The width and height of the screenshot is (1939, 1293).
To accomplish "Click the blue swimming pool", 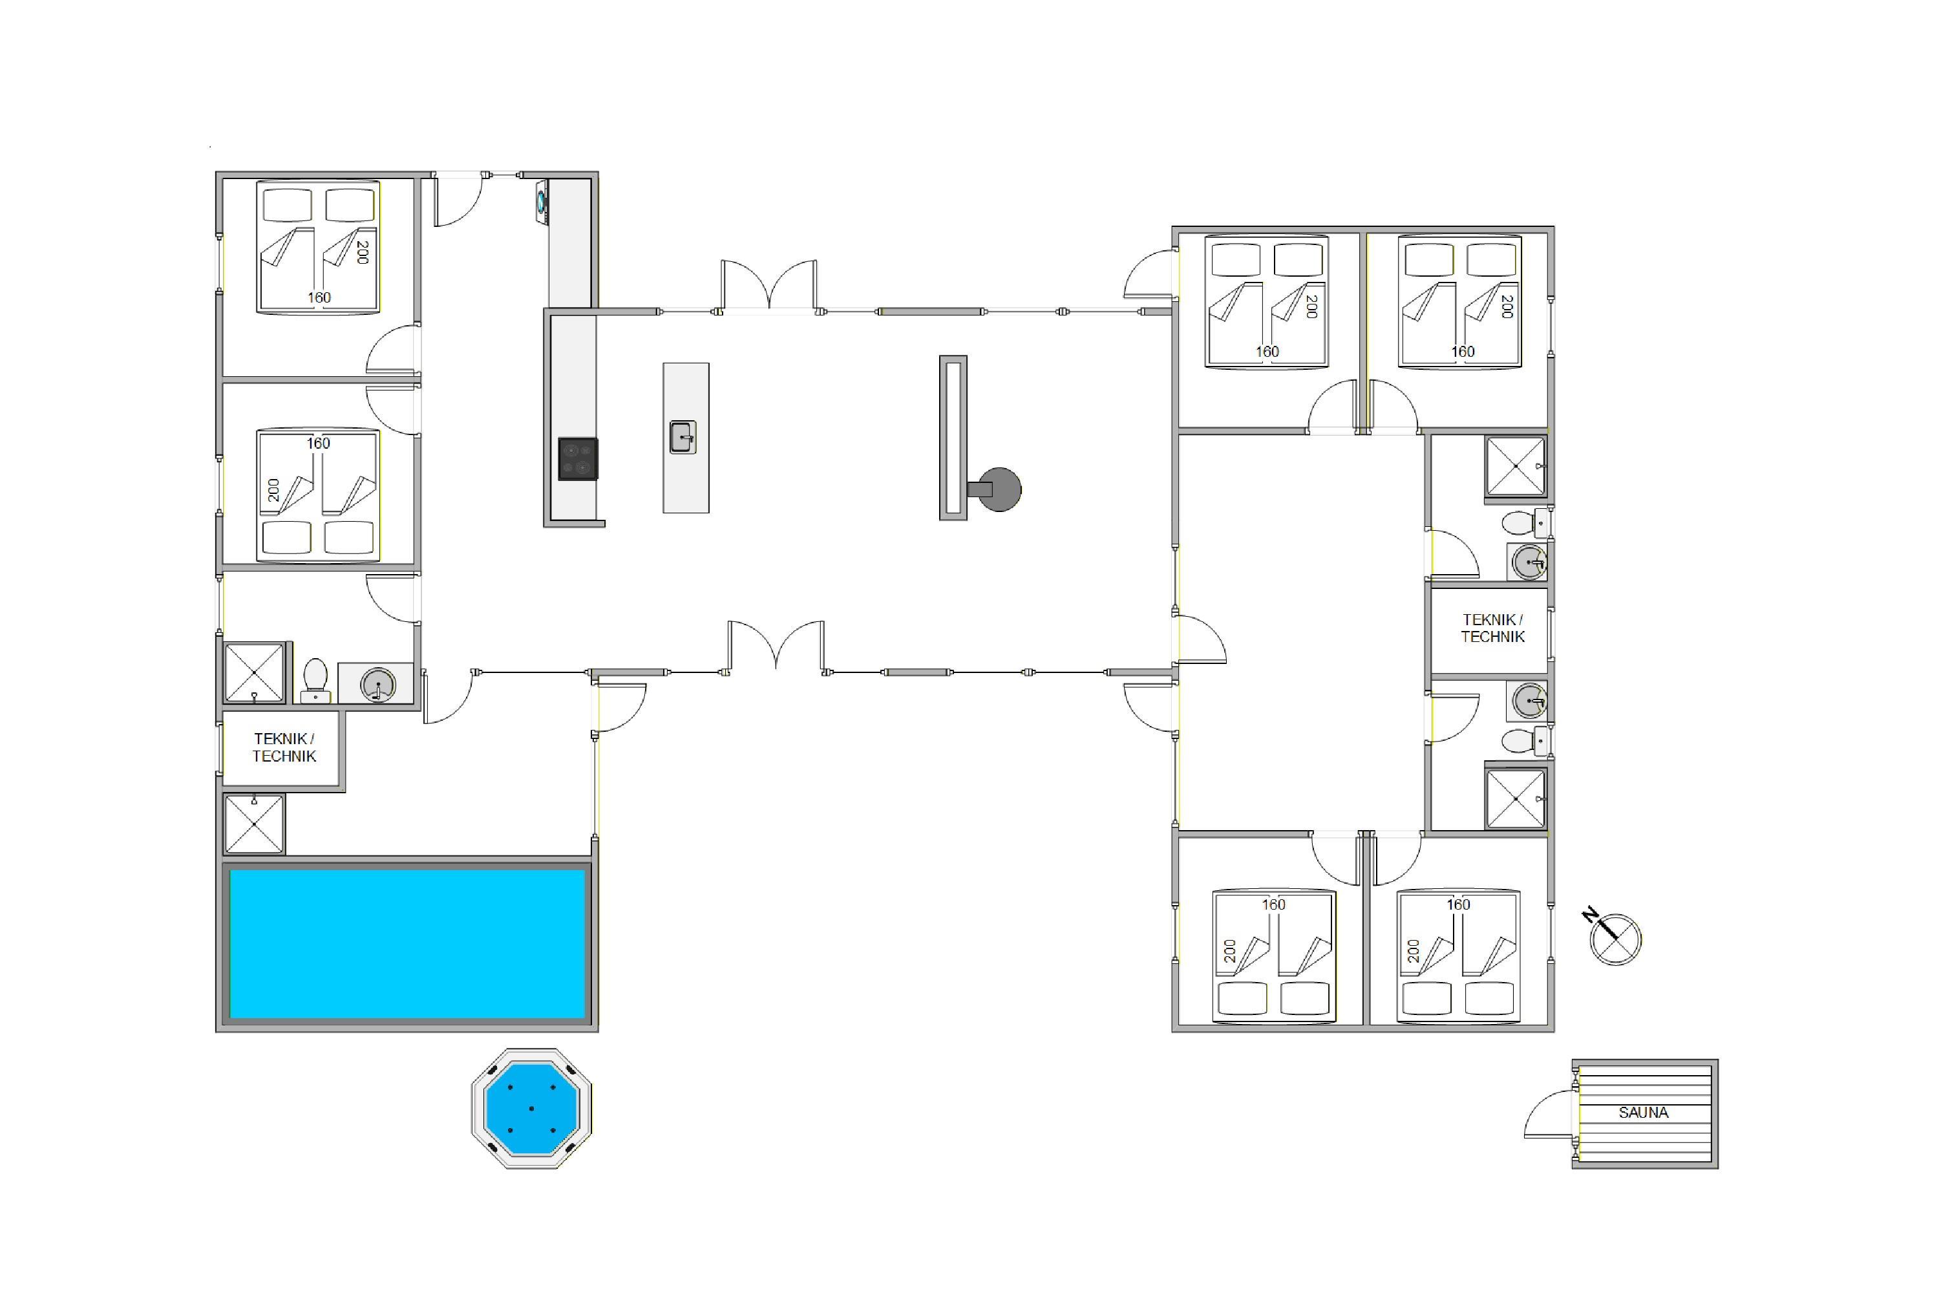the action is click(407, 944).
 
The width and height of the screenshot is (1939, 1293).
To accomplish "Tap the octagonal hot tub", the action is click(532, 1108).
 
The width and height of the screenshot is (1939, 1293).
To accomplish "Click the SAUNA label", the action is click(1643, 1113).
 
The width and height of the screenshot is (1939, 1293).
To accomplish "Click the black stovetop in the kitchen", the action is click(578, 458).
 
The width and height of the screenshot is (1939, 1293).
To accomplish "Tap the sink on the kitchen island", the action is click(683, 437).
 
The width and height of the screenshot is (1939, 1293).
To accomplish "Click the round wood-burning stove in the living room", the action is click(999, 489).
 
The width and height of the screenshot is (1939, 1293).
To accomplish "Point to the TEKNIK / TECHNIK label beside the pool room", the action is click(284, 747).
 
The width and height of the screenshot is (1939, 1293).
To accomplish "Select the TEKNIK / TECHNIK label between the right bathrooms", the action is click(1493, 628).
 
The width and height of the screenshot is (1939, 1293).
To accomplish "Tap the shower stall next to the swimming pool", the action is click(254, 823).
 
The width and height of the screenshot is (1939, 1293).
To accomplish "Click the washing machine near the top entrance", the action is click(542, 201).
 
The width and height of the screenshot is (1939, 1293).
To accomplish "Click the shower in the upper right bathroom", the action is click(1515, 467).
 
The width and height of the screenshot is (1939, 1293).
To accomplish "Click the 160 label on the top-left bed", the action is click(319, 297).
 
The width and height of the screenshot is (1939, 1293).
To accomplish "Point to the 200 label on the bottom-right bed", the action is click(1414, 951).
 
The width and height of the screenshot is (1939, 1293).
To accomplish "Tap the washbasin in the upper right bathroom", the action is click(1529, 562).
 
